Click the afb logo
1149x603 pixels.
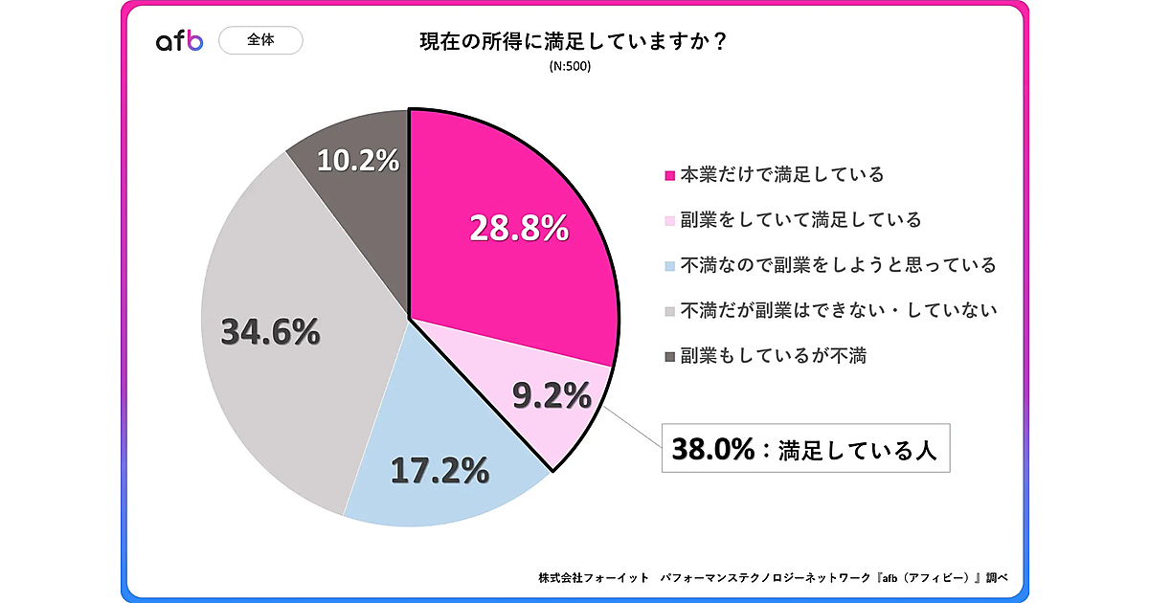click(x=179, y=41)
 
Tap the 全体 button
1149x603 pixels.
click(x=260, y=41)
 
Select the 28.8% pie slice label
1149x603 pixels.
click(x=519, y=228)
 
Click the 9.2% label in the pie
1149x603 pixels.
click(x=552, y=394)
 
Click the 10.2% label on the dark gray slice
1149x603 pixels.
click(x=357, y=160)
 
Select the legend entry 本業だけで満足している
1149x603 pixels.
click(x=780, y=175)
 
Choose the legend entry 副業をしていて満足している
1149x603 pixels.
click(x=800, y=220)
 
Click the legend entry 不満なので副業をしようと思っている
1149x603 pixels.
click(x=838, y=265)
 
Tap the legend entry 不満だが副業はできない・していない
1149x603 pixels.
click(x=839, y=310)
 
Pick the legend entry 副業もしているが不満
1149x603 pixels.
click(x=773, y=355)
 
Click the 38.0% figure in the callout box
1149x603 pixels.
click(x=714, y=448)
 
